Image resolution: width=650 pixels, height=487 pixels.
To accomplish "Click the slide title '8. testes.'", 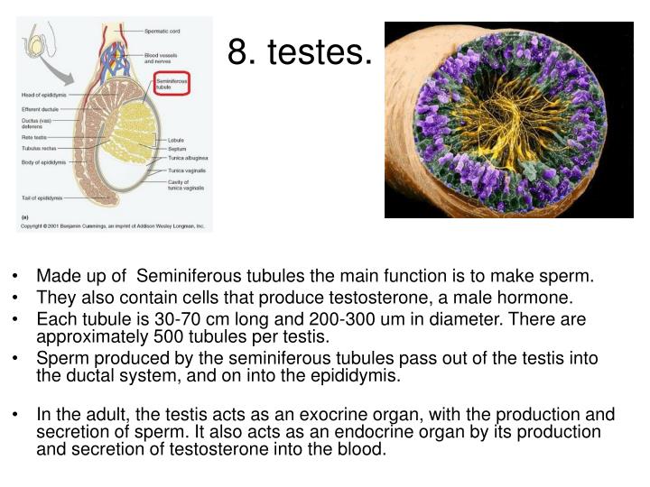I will pyautogui.click(x=299, y=51).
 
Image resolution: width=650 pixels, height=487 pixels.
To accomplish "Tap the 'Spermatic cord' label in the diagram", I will pyautogui.click(x=162, y=30).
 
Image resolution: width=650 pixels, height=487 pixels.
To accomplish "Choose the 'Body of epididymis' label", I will pyautogui.click(x=42, y=163).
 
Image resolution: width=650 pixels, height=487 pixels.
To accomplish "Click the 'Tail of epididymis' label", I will pyautogui.click(x=42, y=198).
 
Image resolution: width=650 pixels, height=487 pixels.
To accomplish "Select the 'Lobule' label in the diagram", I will pyautogui.click(x=175, y=141).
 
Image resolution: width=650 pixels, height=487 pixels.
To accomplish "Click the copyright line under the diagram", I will pyautogui.click(x=113, y=226).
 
